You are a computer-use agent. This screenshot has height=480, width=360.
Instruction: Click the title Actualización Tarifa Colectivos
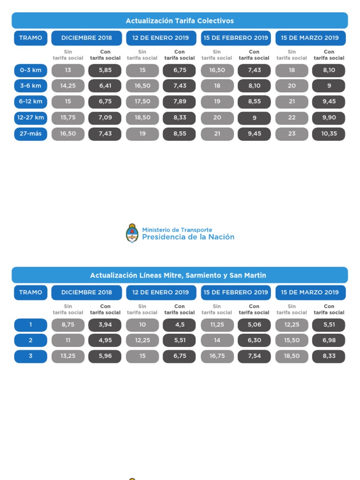tap(180, 21)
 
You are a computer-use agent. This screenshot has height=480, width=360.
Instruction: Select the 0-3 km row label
tap(30, 70)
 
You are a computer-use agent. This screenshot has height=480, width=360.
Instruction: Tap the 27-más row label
tap(30, 134)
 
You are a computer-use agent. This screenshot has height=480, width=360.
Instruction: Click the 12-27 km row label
tap(30, 118)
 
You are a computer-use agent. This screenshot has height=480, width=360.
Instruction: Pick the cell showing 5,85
tap(105, 70)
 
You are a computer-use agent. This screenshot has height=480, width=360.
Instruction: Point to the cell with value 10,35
tap(329, 134)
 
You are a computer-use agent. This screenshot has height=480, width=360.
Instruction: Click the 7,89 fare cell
tap(180, 102)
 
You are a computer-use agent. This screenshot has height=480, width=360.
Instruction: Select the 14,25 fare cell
tap(68, 86)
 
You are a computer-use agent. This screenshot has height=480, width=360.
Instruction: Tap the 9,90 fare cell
tap(329, 118)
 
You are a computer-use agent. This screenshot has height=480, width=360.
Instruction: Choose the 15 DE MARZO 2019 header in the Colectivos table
tap(310, 38)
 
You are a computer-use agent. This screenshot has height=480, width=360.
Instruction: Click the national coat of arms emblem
tap(132, 233)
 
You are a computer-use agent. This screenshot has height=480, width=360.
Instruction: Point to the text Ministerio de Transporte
tap(177, 230)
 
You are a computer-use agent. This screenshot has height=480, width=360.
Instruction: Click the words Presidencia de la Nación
tap(188, 237)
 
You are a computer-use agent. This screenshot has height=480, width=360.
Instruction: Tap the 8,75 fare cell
tap(68, 325)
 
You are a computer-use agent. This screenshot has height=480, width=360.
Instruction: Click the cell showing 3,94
tap(105, 325)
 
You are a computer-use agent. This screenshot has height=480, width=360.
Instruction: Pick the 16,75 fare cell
tap(217, 356)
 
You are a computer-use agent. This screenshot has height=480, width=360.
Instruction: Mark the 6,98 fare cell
tap(329, 340)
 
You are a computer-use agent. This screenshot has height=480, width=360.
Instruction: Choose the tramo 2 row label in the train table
tap(30, 340)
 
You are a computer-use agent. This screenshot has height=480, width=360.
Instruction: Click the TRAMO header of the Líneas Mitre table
tap(30, 292)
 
